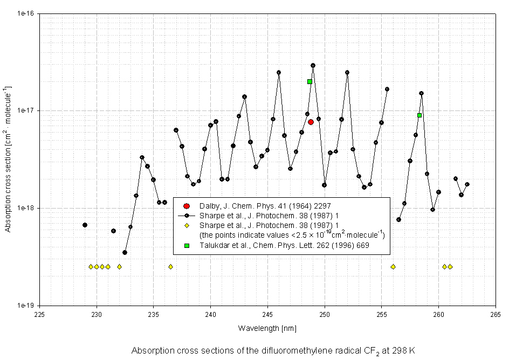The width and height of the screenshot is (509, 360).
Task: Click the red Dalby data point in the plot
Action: (311, 122)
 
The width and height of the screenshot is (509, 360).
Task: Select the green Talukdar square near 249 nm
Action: (309, 82)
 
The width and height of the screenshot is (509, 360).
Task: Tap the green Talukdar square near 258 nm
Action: (419, 115)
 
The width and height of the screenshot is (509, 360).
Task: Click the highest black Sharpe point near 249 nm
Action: (313, 66)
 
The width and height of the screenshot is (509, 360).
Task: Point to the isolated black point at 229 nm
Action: (85, 225)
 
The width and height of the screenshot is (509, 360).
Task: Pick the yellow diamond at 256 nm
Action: (393, 267)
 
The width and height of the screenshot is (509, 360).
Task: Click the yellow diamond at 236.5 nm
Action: (170, 267)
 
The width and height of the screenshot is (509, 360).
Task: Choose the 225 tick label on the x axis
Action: (40, 315)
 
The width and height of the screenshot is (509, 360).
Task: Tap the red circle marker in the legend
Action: (187, 206)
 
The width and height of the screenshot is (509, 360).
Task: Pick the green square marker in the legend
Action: (187, 246)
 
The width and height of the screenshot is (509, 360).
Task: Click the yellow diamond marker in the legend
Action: (187, 225)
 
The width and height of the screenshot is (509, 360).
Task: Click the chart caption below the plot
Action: (273, 350)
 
